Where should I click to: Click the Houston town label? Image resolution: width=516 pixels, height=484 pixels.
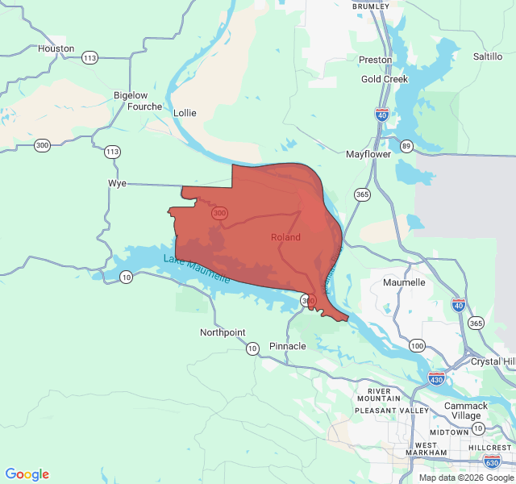point(56,48)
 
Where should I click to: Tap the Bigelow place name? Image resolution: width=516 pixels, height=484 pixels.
point(131,95)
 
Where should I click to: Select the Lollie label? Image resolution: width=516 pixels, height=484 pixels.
point(184,113)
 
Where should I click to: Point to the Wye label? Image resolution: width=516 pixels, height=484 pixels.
point(118,184)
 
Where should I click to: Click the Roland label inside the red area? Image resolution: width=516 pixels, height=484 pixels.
point(285,237)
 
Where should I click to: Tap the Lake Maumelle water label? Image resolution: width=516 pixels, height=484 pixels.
point(197,269)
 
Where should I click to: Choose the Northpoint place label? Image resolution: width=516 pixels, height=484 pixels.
point(223,332)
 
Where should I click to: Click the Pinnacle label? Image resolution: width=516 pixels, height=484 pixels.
point(287,346)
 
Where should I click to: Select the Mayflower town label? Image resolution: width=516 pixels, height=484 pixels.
point(368,154)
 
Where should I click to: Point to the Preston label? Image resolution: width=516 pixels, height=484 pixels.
point(375,60)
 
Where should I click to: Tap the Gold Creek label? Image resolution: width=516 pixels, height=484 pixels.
point(385,79)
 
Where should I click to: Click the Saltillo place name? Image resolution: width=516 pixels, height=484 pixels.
point(488,56)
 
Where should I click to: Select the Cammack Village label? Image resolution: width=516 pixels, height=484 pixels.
point(466,411)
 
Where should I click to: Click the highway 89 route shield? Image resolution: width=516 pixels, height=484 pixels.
point(406,146)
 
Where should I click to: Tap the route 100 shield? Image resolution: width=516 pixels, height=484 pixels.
point(417,345)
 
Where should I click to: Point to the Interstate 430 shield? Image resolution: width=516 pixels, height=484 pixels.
point(437,379)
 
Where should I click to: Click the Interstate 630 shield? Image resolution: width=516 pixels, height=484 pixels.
point(492,461)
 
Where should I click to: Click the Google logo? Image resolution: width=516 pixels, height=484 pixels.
point(27,474)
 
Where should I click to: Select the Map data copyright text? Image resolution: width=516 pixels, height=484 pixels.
point(465,477)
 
